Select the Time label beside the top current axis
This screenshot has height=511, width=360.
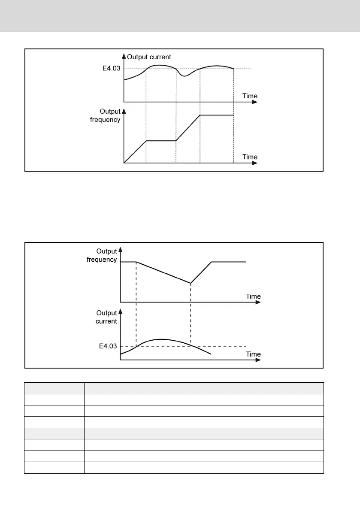[x=250, y=96]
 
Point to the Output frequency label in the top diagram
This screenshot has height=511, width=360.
[x=105, y=115]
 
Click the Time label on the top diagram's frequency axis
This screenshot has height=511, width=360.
[x=250, y=157]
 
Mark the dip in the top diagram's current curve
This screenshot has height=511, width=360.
[x=184, y=76]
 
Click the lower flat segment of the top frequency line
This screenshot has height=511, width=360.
[x=161, y=141]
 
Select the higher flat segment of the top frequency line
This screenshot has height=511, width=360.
[x=217, y=115]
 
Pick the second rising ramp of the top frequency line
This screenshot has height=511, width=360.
[x=188, y=128]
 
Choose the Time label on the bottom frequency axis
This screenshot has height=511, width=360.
[x=253, y=296]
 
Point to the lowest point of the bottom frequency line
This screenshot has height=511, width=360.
[x=191, y=283]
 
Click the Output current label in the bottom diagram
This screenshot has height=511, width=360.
[x=106, y=317]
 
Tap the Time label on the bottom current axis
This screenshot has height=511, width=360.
[x=253, y=354]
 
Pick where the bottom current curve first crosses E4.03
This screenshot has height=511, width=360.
[x=136, y=346]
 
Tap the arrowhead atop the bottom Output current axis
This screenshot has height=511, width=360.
[x=120, y=311]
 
